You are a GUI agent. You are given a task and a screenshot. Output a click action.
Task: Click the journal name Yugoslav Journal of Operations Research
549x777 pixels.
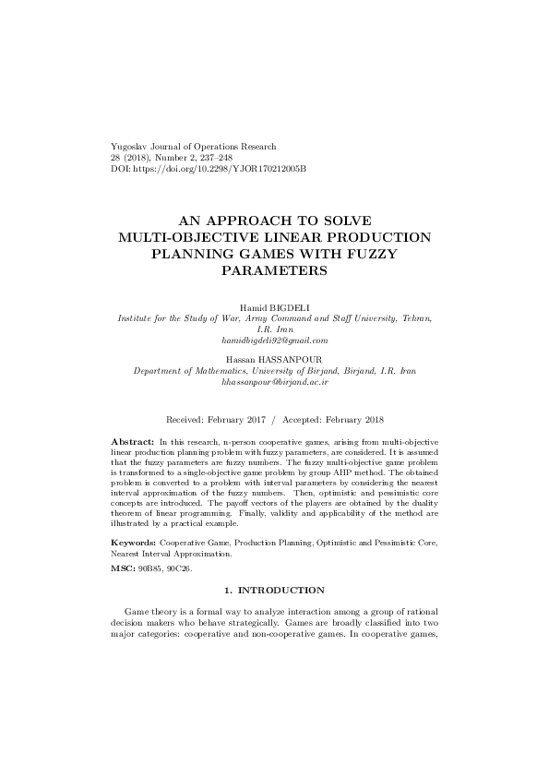[x=193, y=147]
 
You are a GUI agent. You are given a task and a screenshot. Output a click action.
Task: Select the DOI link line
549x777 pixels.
[x=208, y=171]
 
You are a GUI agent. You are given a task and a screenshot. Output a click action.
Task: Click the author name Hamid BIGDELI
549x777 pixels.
[x=275, y=307]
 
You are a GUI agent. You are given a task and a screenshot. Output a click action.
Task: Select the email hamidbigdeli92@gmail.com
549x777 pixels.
[x=275, y=340]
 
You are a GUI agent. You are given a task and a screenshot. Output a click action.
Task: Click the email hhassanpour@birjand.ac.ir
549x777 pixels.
[x=275, y=380]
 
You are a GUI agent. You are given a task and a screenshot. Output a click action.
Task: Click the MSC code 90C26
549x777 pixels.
[x=181, y=569]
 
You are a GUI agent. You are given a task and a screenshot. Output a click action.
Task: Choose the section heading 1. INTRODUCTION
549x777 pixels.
[x=275, y=590]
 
